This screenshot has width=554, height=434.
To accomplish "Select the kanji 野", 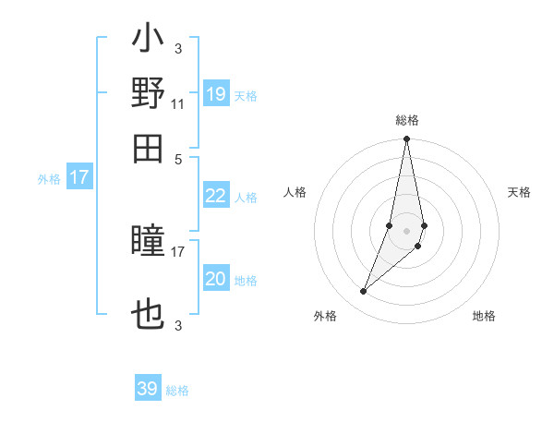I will pos(148,93).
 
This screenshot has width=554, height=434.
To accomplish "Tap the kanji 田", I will pos(148,148).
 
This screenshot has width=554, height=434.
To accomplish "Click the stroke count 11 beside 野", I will pos(177,104).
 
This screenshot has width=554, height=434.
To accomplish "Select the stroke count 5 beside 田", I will pos(178,159).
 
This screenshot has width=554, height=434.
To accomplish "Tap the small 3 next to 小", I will pos(178,49).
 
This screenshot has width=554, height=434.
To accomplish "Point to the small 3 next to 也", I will pos(178,324).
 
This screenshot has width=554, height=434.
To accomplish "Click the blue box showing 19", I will pos(216,94).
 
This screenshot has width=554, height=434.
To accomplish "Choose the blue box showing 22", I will pos(216,196).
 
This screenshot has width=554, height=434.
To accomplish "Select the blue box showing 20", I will pos(216,279).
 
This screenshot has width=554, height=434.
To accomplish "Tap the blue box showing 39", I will pos(148,389).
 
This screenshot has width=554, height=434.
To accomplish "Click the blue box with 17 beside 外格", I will pos(78,177).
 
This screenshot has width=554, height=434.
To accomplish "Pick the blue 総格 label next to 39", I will pos(178,391).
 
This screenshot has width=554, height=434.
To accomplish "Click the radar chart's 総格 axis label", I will pos(407,120).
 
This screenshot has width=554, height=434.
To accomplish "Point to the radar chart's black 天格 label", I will pos(520,192).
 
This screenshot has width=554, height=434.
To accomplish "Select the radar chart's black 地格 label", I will pos(484,316).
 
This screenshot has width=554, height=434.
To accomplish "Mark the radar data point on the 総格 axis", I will pos(406,139).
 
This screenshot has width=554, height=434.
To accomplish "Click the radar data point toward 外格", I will pos(364,292).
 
